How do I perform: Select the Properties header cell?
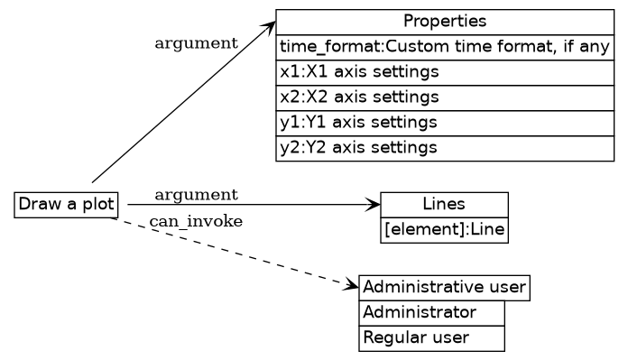click(445, 22)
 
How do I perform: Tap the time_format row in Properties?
click(445, 47)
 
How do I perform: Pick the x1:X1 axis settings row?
click(445, 71)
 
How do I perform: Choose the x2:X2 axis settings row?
click(445, 97)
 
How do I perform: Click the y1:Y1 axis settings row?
click(445, 122)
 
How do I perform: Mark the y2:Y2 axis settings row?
click(445, 147)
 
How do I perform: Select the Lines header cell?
click(444, 205)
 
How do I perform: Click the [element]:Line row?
click(444, 230)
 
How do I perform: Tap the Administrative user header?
click(444, 288)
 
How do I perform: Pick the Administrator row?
click(431, 313)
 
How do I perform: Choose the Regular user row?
click(431, 338)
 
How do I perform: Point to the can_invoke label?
click(196, 222)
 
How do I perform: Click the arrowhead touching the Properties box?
click(268, 23)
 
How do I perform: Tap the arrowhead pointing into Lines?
click(373, 205)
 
